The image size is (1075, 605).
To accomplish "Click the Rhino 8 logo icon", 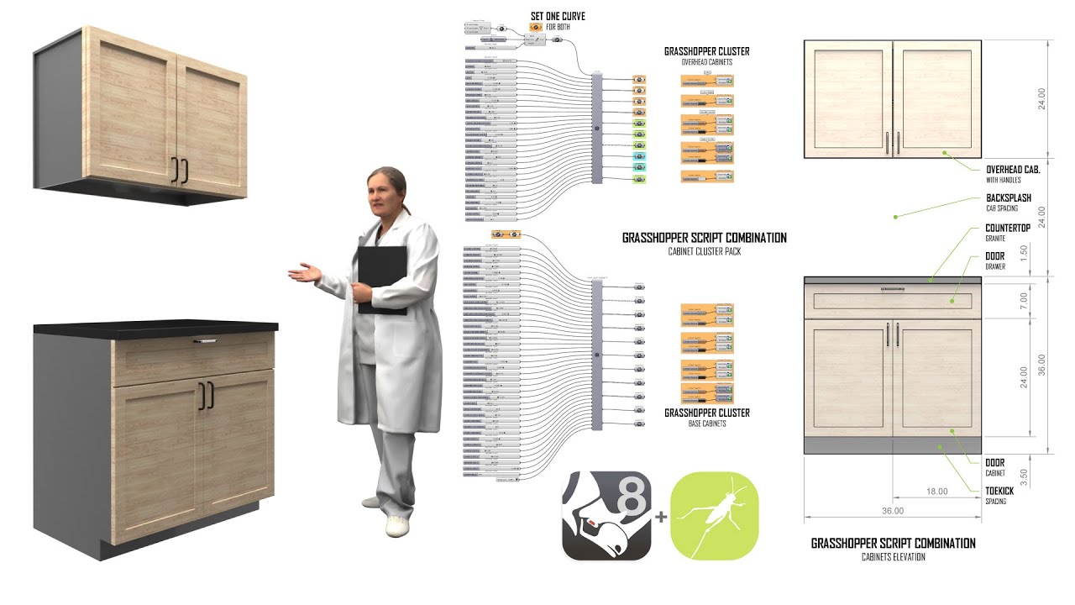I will coord(606,516).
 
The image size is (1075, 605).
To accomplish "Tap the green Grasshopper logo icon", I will coord(715,516).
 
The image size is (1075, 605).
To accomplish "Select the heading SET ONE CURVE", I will coord(558,17).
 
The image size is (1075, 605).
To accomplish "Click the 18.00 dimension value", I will coord(936,492).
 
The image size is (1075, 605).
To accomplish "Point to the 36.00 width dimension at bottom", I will coord(893,511).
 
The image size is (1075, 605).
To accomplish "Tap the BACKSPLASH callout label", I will coord(1008,198).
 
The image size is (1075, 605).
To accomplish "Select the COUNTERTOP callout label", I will coord(1008,229).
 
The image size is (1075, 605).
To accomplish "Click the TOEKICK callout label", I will coord(999,492).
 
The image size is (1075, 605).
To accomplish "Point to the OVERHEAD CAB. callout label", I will coord(1013,169).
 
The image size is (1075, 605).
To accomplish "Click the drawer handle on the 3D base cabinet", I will coord(205,341).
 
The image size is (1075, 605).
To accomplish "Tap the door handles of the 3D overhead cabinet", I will coord(180,170).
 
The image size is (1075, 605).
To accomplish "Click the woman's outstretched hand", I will coord(302,272).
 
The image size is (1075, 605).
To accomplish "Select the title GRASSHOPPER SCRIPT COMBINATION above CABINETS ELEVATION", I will coord(893,544).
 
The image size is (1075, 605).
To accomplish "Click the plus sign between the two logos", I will coord(661,517).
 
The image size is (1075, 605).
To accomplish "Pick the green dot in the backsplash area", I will coord(895,216).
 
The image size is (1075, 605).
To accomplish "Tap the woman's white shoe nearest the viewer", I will coord(396,526).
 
